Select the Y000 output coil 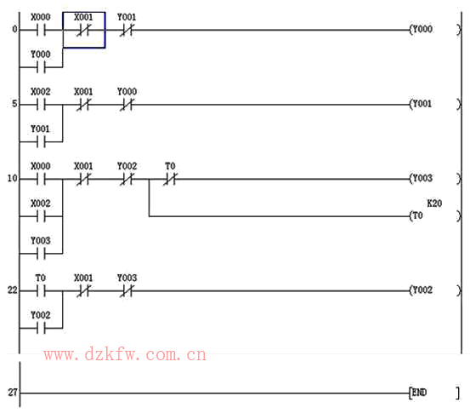coord(435,30)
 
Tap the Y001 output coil coord(435,104)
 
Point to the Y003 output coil coord(435,179)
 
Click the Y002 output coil coord(435,290)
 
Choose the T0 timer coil coord(435,216)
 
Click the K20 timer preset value coord(434,204)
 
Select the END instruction coord(434,393)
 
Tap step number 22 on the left coord(12,290)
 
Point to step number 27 coord(12,393)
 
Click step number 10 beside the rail coord(12,179)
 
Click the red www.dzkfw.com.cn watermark coord(125,354)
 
